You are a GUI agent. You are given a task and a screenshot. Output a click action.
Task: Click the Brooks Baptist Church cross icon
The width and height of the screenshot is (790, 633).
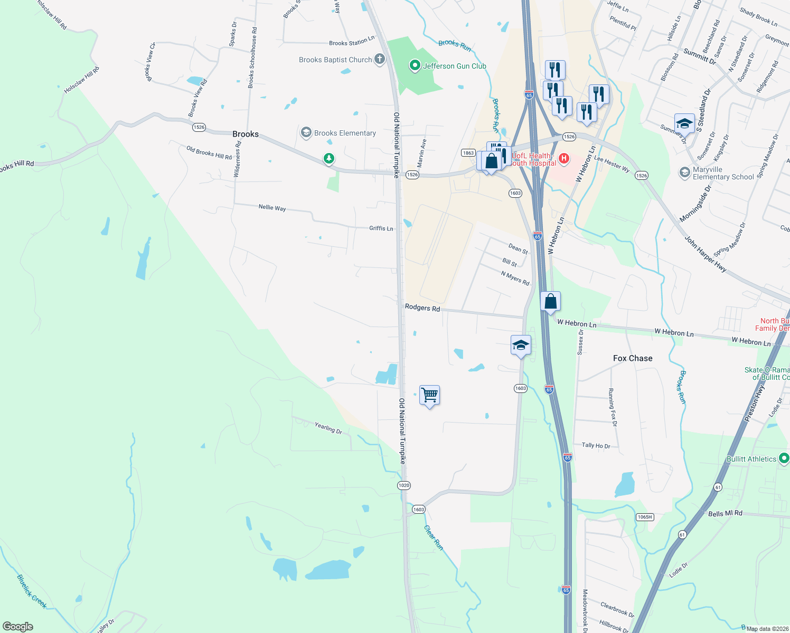(x=380, y=59)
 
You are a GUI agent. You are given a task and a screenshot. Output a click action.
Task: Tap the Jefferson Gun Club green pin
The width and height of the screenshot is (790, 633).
(x=415, y=66)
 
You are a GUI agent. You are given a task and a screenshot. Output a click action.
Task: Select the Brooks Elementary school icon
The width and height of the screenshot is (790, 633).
(x=306, y=133)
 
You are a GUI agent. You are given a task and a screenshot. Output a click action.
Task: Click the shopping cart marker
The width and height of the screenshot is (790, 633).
(x=430, y=395)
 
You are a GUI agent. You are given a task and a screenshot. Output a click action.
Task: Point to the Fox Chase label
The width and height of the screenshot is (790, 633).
(x=633, y=358)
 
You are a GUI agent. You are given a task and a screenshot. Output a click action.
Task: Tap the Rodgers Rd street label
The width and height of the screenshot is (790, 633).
(x=422, y=307)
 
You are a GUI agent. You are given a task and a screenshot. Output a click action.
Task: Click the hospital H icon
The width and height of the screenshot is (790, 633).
(x=564, y=158)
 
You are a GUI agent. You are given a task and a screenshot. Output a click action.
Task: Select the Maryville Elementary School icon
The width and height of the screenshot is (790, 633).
(x=685, y=172)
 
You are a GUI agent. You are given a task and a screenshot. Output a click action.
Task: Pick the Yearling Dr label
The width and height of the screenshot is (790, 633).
(x=328, y=428)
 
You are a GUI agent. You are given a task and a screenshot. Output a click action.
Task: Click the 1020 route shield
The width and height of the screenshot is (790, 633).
(x=404, y=485)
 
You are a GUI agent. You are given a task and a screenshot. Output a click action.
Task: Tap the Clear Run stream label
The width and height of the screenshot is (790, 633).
(x=434, y=538)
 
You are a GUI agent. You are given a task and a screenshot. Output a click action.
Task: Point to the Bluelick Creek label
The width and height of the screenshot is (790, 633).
(x=32, y=591)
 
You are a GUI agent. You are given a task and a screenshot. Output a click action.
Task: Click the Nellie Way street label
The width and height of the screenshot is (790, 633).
(x=272, y=208)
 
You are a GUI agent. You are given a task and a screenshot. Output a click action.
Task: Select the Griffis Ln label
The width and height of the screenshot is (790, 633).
(x=381, y=228)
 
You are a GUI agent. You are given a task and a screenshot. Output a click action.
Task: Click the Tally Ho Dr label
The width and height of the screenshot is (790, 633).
(x=596, y=446)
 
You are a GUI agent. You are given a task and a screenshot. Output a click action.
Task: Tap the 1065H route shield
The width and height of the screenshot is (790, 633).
(x=645, y=517)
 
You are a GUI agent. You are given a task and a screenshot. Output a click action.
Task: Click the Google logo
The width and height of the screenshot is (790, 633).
(x=17, y=627)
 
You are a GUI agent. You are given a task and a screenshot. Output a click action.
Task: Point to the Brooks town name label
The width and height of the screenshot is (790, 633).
(x=246, y=134)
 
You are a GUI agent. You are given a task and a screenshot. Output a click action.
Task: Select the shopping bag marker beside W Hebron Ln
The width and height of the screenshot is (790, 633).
(x=551, y=302)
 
